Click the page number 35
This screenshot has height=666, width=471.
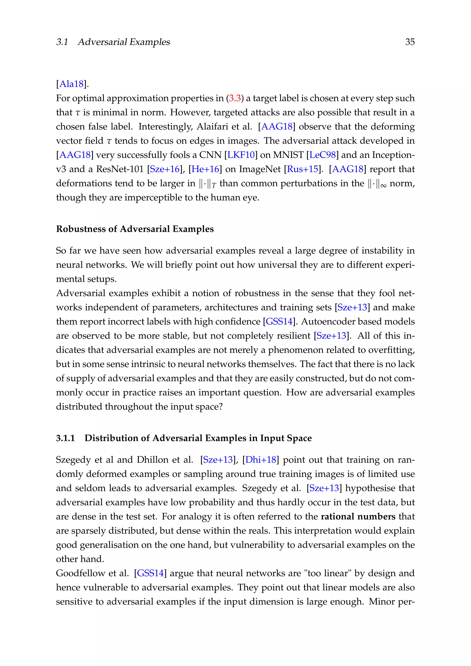coord(410,42)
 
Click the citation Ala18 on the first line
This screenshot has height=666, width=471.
coord(71,84)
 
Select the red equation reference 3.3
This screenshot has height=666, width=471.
coord(235,98)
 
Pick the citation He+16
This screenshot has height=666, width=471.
coord(205,169)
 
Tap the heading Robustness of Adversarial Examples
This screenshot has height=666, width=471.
coord(135,229)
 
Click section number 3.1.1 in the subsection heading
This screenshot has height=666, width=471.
coord(65,438)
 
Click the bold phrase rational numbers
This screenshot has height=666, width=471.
coord(358,517)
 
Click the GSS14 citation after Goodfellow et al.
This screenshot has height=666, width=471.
coord(150,573)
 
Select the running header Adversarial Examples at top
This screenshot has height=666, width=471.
coord(124,42)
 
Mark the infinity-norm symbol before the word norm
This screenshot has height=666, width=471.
coord(377,184)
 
